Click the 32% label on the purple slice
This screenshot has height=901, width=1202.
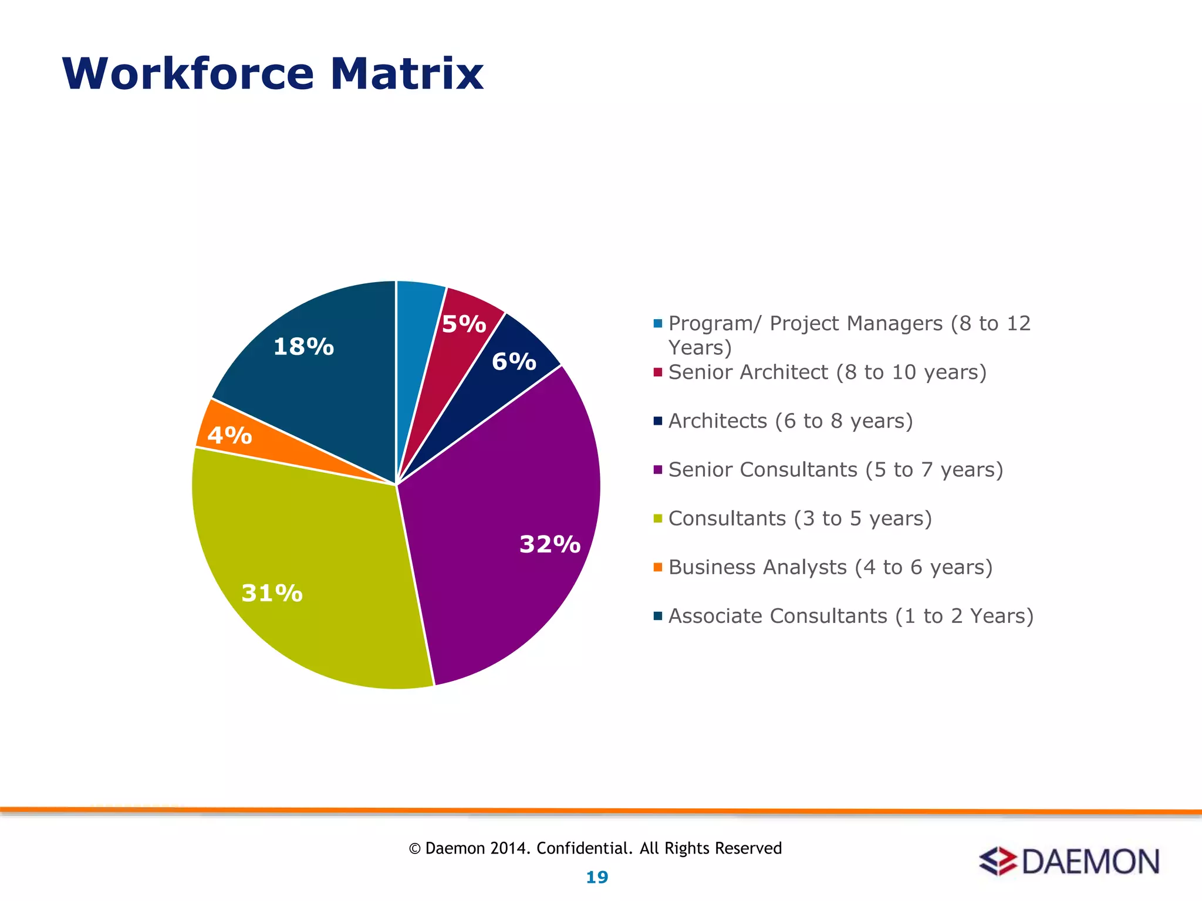click(550, 544)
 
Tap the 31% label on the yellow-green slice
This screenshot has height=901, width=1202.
click(272, 593)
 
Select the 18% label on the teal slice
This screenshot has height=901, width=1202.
click(303, 347)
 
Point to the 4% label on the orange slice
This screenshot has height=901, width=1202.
click(229, 435)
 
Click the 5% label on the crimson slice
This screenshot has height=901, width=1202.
click(464, 324)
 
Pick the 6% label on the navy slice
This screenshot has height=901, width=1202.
click(514, 361)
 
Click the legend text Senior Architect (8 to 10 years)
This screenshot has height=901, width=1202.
click(827, 372)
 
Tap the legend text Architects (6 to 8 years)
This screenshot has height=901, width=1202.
click(790, 421)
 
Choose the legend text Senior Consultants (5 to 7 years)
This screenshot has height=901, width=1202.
click(835, 469)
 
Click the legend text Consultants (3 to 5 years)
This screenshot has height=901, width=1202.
click(799, 518)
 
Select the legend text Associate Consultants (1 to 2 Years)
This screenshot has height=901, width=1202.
click(850, 616)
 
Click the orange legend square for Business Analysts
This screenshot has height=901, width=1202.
click(657, 567)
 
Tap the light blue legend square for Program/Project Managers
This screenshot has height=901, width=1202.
click(657, 323)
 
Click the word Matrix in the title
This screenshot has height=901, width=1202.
click(406, 74)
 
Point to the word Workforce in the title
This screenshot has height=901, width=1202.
click(188, 74)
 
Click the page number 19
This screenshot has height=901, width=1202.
click(597, 877)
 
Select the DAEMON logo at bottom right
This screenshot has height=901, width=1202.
click(1069, 861)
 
